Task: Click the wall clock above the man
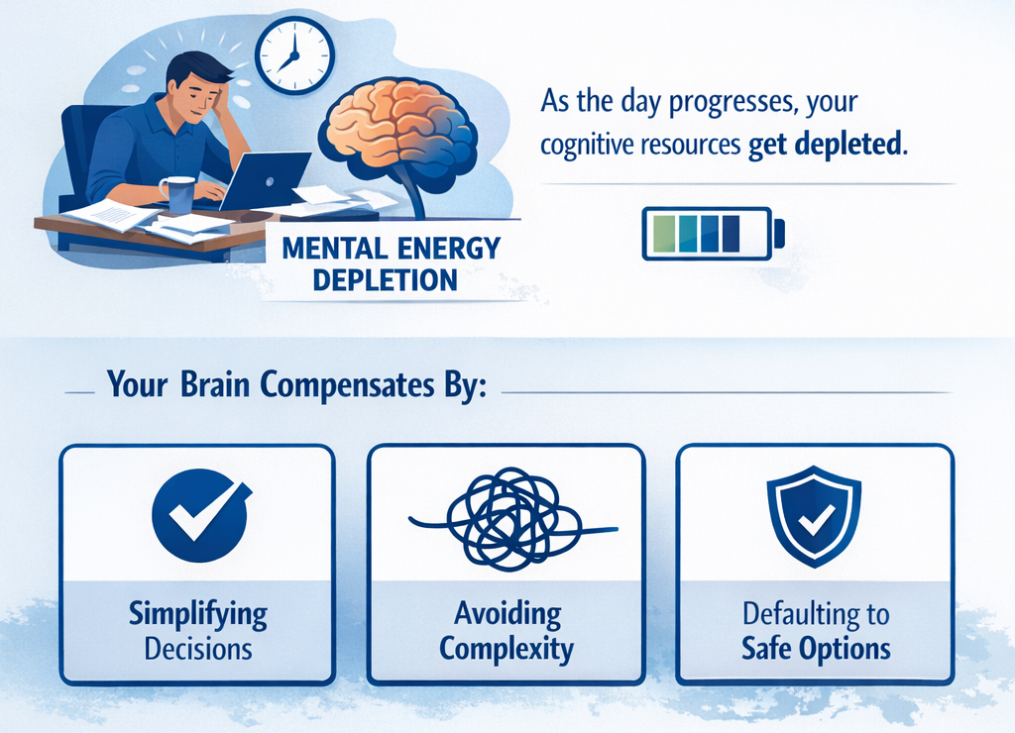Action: click(294, 55)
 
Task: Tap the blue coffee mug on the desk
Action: click(179, 194)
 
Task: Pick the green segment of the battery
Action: click(659, 233)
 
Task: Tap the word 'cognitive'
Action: click(588, 146)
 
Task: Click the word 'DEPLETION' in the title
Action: click(385, 279)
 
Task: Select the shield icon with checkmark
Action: click(814, 516)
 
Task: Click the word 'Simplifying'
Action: click(198, 615)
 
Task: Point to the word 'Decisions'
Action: click(198, 650)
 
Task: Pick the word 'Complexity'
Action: click(507, 650)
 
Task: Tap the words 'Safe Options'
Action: click(816, 650)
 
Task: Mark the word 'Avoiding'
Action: click(507, 614)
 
